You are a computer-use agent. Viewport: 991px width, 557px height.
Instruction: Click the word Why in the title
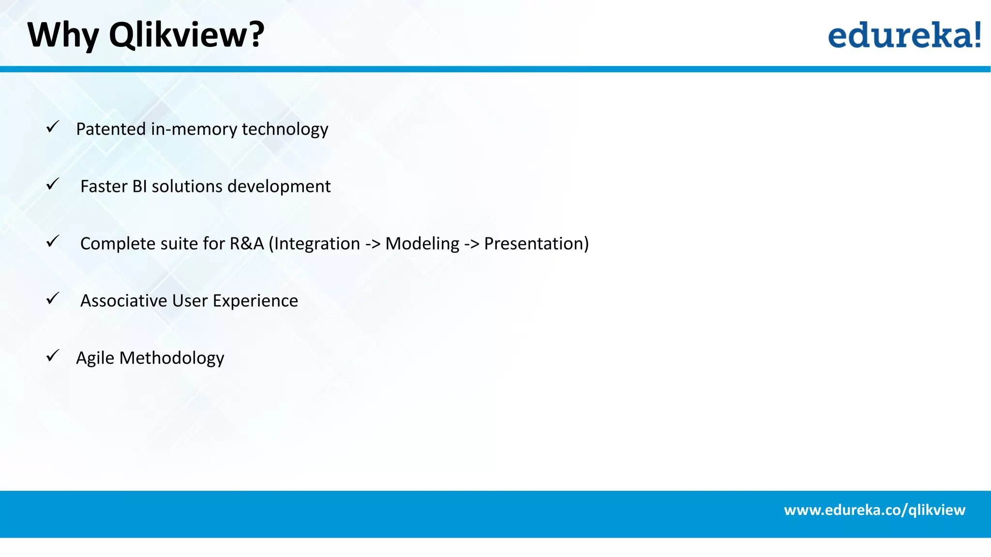[x=63, y=35]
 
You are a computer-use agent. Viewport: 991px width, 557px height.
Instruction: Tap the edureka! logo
[x=904, y=35]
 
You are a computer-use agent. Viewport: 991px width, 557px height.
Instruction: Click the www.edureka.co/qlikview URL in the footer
[x=874, y=510]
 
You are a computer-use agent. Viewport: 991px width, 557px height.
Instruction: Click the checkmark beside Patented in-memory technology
[x=53, y=127]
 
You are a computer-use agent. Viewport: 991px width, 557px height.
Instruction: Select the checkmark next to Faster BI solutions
[x=53, y=184]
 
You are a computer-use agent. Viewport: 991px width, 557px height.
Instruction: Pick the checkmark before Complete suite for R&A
[x=53, y=241]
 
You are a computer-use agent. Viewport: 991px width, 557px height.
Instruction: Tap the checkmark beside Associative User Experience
[x=53, y=298]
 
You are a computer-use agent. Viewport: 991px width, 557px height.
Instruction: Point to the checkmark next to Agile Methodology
[x=53, y=356]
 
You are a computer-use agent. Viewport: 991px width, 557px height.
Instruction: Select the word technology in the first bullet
[x=285, y=129]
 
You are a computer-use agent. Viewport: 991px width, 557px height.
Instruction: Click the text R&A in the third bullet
[x=247, y=243]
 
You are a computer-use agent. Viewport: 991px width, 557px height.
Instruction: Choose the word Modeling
[x=422, y=243]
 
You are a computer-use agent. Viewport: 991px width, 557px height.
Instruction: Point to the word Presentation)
[x=536, y=243]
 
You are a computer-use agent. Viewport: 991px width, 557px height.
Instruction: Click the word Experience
[x=255, y=301]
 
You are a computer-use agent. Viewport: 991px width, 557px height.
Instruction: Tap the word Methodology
[x=171, y=358]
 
